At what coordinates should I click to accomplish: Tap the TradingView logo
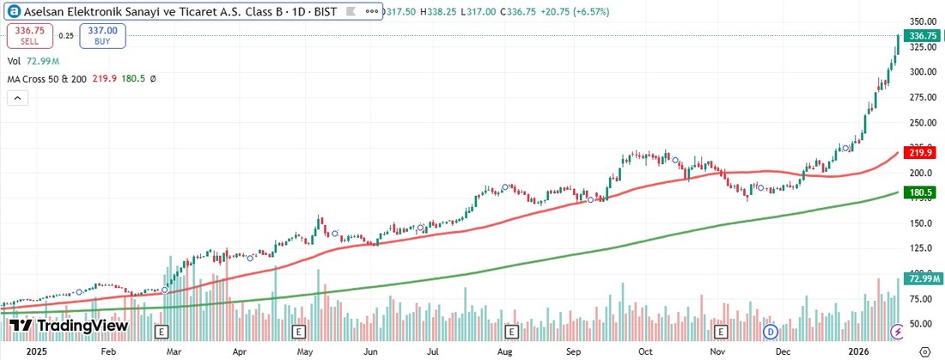[x=69, y=326]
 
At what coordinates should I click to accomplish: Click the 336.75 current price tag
[x=922, y=36]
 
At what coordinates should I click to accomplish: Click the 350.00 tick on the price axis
[x=922, y=21]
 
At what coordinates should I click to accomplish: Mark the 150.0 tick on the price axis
[x=922, y=223]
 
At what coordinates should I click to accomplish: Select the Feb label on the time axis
[x=107, y=351]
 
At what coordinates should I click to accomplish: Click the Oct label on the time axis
[x=645, y=351]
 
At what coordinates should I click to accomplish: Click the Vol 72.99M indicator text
[x=33, y=61]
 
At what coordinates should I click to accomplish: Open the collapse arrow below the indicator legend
[x=17, y=99]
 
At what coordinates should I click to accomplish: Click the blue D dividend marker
[x=771, y=331]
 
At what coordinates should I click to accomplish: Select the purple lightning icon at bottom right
[x=898, y=331]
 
